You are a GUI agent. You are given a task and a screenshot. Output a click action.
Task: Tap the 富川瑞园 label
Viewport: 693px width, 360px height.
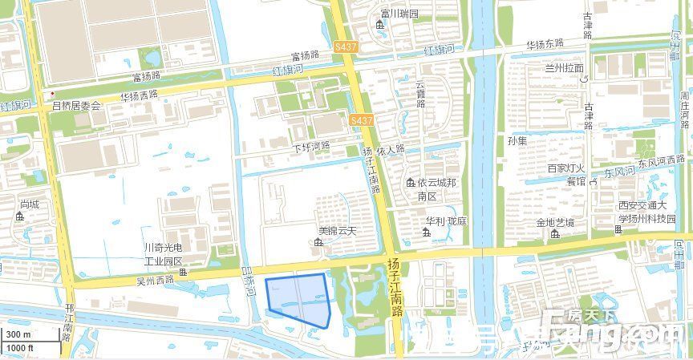[x=400, y=14]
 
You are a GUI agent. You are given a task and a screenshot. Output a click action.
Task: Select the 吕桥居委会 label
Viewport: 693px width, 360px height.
[x=77, y=105]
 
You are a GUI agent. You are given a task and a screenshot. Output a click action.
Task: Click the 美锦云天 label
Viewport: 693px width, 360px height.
[x=336, y=231]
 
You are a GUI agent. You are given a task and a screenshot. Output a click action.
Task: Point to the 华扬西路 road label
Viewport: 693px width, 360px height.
[x=140, y=95]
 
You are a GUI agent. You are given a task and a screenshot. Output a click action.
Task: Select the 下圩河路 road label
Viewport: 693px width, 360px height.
[x=311, y=148]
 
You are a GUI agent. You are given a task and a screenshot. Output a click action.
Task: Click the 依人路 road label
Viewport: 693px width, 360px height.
[x=391, y=150]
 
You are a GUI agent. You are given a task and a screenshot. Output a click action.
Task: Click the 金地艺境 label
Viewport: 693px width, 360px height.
[x=556, y=222]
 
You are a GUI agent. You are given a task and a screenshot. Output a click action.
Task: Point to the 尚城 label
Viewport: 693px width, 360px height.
[x=30, y=205]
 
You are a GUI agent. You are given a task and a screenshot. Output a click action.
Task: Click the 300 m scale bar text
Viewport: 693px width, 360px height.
[x=18, y=334]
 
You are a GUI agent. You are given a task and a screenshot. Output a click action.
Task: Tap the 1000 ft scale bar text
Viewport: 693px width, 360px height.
[x=20, y=348]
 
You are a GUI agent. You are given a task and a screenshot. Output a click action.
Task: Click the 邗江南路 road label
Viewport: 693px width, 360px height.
[x=69, y=321]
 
